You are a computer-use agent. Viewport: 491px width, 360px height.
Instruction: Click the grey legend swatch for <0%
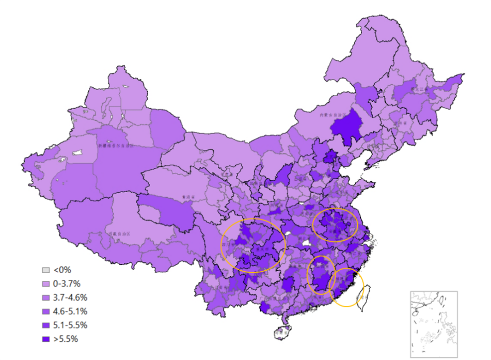coord(46,270)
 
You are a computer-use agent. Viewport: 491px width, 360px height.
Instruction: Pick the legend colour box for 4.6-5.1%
coord(46,311)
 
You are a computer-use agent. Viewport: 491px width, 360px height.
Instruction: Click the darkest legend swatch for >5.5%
coord(46,339)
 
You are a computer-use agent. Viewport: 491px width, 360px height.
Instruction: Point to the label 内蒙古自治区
coord(331,115)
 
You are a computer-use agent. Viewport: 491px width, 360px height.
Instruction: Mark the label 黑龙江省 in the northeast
coord(417,89)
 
